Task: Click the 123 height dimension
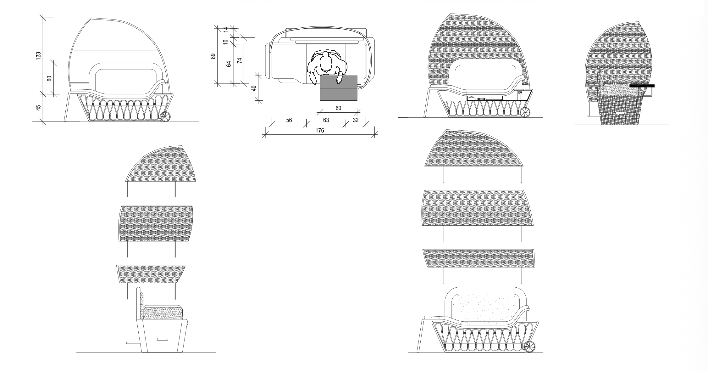[x=38, y=56]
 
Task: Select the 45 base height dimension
[x=38, y=108]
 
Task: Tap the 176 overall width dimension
[x=319, y=131]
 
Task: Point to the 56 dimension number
[x=289, y=120]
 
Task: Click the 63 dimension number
[x=326, y=120]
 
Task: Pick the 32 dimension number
[x=356, y=120]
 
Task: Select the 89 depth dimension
[x=213, y=56]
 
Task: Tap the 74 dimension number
[x=239, y=61]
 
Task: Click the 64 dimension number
[x=229, y=64]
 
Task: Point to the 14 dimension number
[x=225, y=30]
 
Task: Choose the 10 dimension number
[x=225, y=42]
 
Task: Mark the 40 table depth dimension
[x=254, y=88]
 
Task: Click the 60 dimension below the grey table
[x=338, y=108]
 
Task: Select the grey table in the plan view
[x=338, y=88]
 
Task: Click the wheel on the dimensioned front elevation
[x=165, y=116]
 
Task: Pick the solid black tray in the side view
[x=642, y=86]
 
